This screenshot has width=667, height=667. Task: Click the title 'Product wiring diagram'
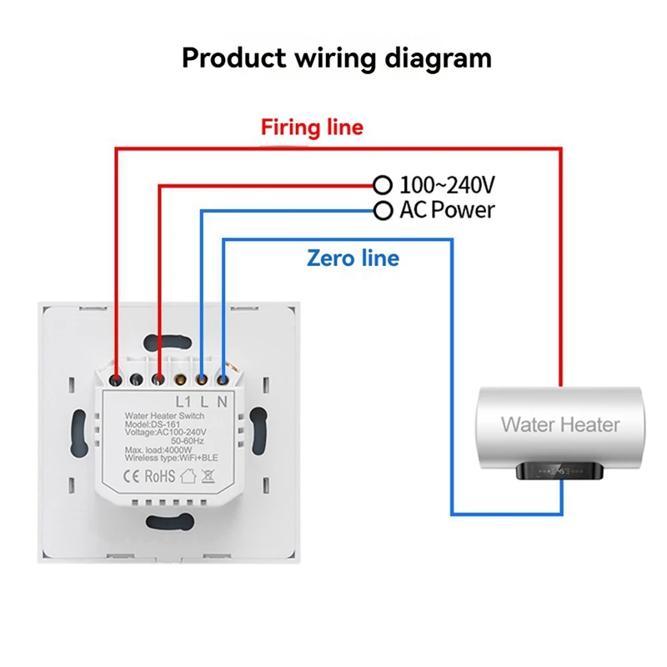pyautogui.click(x=336, y=59)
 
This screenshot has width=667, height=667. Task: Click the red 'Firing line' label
pyautogui.click(x=312, y=128)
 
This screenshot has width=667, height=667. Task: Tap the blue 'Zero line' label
pyautogui.click(x=353, y=258)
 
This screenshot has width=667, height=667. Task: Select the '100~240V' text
pyautogui.click(x=447, y=184)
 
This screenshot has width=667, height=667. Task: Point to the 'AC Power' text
pyautogui.click(x=447, y=210)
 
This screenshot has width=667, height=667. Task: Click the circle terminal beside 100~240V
pyautogui.click(x=382, y=184)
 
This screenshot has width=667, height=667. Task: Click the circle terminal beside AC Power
pyautogui.click(x=382, y=210)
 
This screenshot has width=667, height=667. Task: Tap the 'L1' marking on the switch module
pyautogui.click(x=184, y=402)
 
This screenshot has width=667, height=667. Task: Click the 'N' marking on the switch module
pyautogui.click(x=222, y=402)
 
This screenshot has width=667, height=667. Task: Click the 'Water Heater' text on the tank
pyautogui.click(x=560, y=424)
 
